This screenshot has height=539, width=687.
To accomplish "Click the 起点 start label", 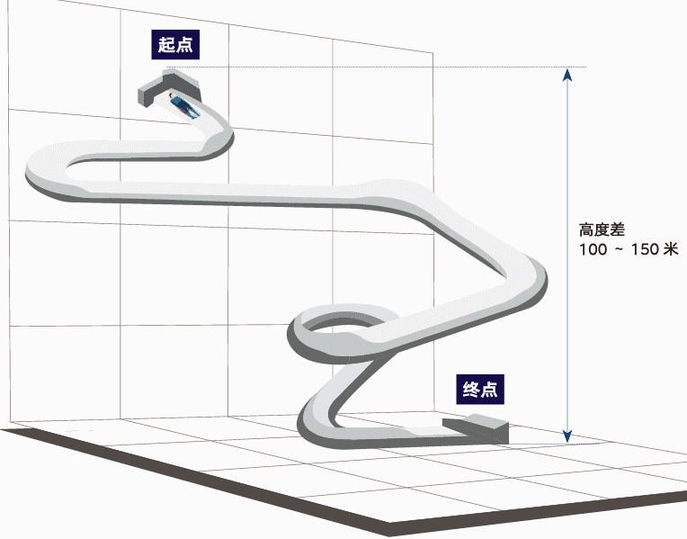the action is (x=175, y=45).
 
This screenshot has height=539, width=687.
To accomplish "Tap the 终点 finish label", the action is (x=480, y=390).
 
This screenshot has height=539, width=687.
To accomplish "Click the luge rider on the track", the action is (x=184, y=105).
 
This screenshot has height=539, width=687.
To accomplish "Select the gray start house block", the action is (x=169, y=86).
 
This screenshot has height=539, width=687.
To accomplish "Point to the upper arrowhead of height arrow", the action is (x=567, y=75).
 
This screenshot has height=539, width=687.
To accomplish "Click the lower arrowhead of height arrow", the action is (x=567, y=436).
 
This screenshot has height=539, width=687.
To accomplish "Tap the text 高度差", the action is (x=602, y=229).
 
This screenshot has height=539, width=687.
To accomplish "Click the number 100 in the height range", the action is (x=593, y=249).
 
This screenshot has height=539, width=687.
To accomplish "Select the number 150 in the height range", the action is (x=645, y=249).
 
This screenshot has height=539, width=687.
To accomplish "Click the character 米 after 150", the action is (x=671, y=249).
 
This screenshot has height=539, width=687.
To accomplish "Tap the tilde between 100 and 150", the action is (x=619, y=249).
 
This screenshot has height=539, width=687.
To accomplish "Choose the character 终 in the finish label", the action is (x=470, y=390).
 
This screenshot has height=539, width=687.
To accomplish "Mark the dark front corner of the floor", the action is (x=389, y=529).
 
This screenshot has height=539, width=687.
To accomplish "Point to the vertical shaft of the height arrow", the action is (x=567, y=256).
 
